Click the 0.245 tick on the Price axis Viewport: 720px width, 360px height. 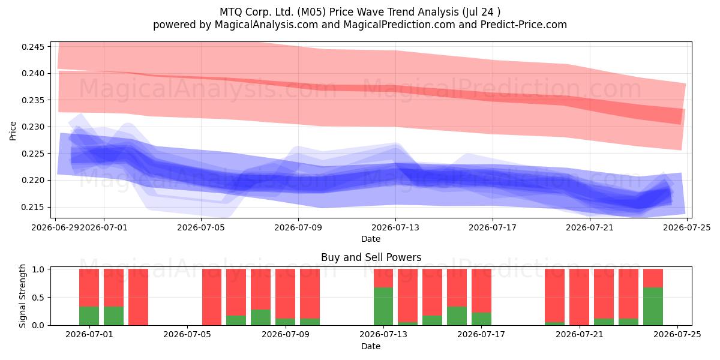point(32,47)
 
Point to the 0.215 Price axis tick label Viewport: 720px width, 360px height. point(32,208)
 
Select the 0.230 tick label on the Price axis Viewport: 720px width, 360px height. point(32,127)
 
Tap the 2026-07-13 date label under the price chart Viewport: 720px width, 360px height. point(395,227)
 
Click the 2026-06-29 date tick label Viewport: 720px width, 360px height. point(55,227)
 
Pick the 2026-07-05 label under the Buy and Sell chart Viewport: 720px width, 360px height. point(187,334)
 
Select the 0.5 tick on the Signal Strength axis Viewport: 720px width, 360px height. point(38,298)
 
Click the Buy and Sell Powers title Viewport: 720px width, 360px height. point(371,257)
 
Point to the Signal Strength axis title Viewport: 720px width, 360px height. point(22,296)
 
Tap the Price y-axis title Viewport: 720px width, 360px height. point(13,131)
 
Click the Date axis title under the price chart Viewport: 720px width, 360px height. point(371,239)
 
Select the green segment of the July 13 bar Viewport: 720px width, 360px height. point(383,307)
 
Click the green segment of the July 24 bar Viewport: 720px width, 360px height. point(653,307)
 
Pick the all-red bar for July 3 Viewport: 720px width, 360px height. point(138,297)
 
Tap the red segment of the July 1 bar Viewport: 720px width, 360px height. point(113,287)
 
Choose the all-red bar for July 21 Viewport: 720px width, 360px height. point(579,297)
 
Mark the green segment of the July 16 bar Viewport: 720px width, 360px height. point(457,316)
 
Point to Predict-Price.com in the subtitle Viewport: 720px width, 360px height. point(524,25)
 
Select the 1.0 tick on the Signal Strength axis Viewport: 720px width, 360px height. point(38,269)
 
